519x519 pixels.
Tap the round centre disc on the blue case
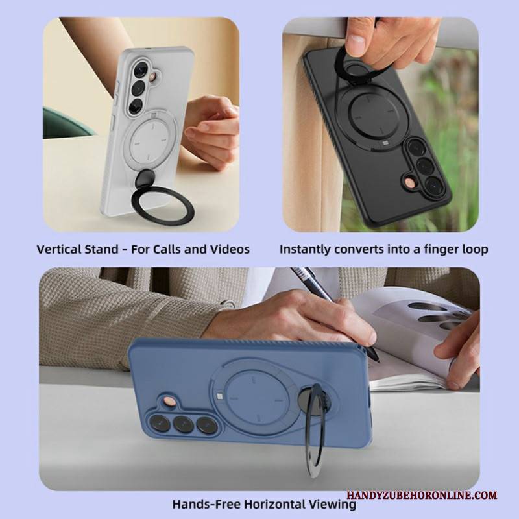255,398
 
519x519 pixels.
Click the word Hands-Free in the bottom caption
206,505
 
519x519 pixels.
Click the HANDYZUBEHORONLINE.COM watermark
422,495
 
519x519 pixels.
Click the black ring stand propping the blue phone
313,430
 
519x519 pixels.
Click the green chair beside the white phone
66,123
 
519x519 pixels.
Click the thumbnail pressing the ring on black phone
356,42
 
